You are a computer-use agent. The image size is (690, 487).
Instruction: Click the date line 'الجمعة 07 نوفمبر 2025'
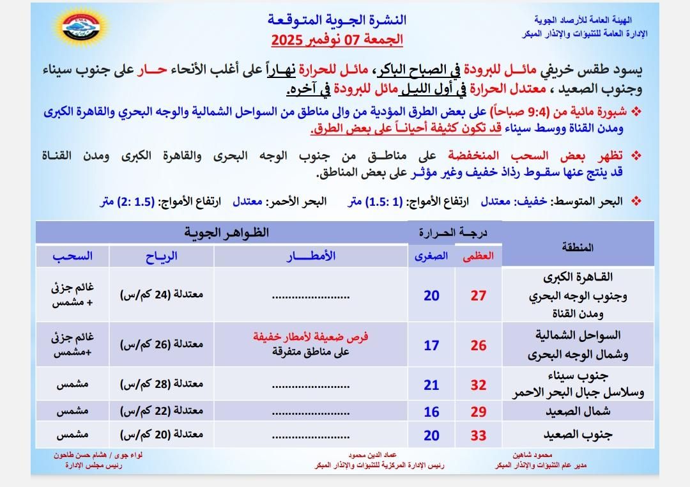tap(337, 40)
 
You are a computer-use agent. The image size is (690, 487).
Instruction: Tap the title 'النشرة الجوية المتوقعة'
tap(337, 20)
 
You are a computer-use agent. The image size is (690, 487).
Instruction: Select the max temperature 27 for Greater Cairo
tap(478, 295)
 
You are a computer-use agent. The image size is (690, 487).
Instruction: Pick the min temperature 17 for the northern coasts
tap(431, 345)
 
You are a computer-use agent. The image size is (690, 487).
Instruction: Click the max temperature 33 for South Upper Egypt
tap(478, 436)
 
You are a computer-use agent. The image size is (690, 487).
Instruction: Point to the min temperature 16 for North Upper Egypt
tap(431, 412)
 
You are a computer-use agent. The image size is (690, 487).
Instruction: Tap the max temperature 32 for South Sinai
tap(478, 385)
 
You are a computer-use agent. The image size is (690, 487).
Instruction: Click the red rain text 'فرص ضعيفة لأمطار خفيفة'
tap(311, 337)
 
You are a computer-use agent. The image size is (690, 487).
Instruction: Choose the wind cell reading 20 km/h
tap(162, 435)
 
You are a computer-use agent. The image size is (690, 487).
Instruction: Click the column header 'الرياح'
tap(162, 256)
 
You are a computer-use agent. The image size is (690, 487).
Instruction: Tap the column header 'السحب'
tap(72, 256)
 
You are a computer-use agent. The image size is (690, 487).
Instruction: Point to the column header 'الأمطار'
tap(311, 256)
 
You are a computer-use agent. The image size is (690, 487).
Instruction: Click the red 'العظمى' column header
tap(479, 256)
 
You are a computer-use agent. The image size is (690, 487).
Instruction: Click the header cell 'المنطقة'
tap(578, 247)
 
